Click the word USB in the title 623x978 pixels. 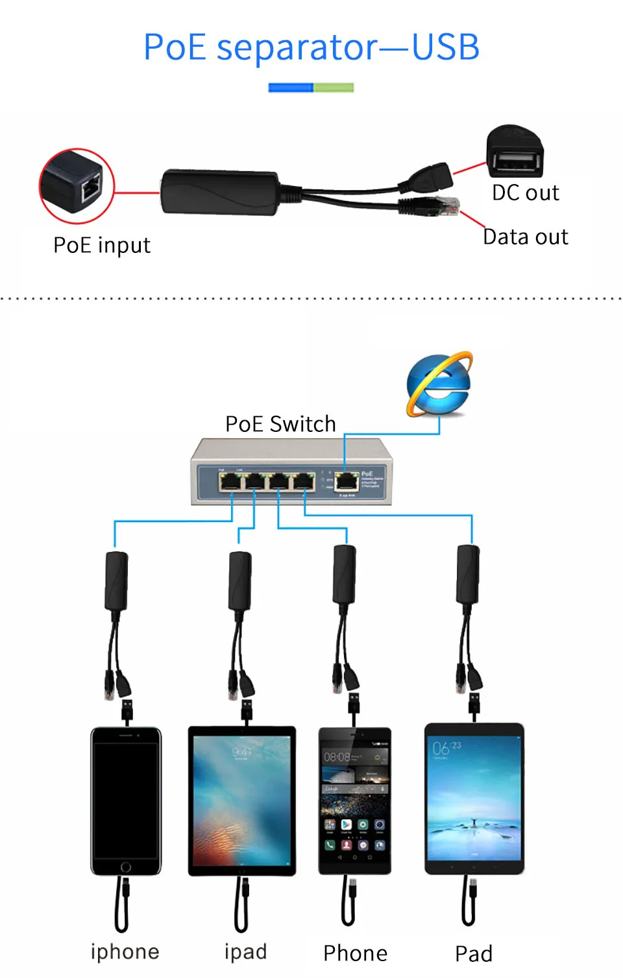coord(446,47)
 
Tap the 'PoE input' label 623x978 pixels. coord(102,245)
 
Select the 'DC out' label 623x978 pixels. coord(525,193)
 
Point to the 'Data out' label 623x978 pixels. coord(526,237)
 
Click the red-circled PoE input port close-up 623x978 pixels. coord(77,186)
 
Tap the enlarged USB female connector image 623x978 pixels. coord(515,152)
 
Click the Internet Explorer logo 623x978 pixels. coord(439,385)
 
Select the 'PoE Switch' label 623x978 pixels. coord(280,424)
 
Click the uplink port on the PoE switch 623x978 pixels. coord(347,481)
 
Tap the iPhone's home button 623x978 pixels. coord(126,867)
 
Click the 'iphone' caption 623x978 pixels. coord(125,951)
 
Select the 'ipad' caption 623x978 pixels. coord(245,951)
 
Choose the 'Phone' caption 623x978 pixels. coord(355,953)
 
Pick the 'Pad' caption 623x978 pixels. coord(474,953)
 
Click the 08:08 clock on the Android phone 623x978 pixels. coord(337,757)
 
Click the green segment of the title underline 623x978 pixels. coord(334,88)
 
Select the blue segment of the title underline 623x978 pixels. coord(291,88)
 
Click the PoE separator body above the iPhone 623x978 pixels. coord(116,580)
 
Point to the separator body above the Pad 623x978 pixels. coord(468,574)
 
